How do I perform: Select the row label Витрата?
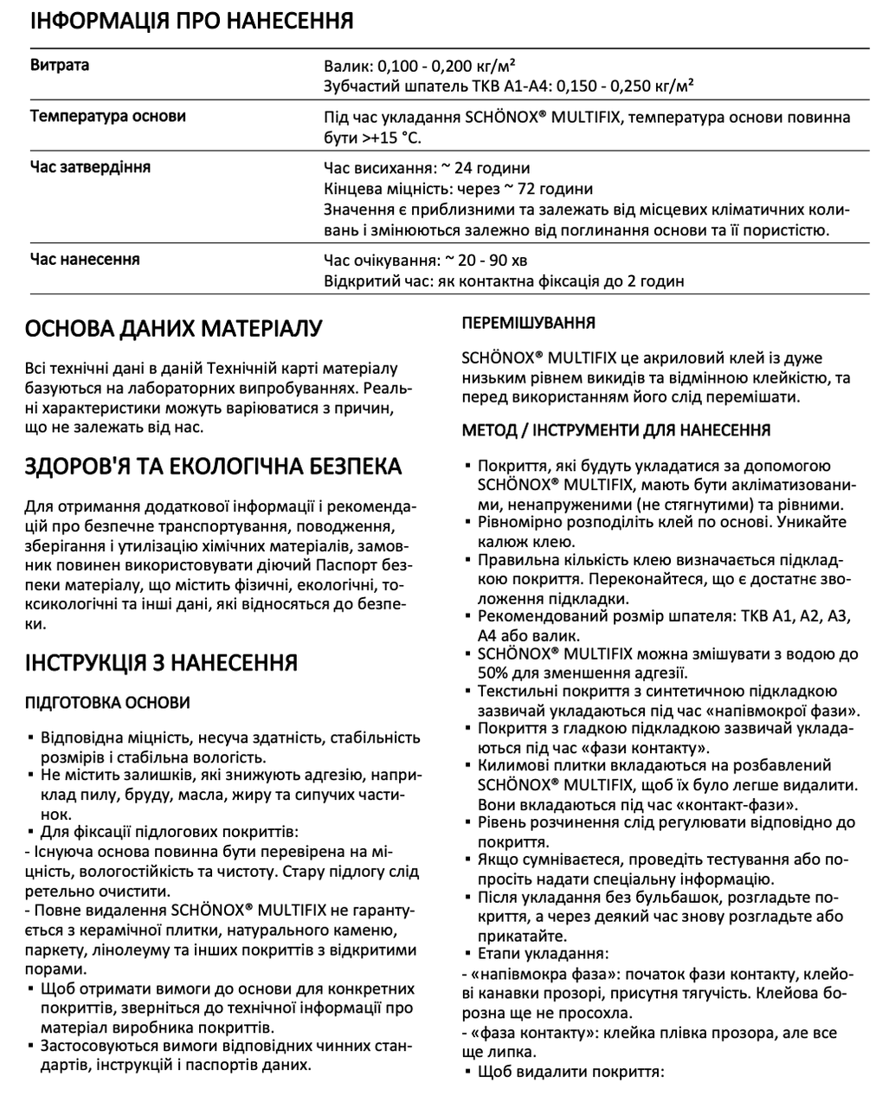60,65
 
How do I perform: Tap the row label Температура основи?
107,116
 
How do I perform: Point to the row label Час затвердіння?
90,166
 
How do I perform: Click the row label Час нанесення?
85,260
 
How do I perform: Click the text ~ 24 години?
479,168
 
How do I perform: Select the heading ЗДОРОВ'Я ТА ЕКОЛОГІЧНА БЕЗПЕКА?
214,467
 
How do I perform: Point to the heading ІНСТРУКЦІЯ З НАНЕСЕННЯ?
162,663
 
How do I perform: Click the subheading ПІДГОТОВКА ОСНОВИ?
109,702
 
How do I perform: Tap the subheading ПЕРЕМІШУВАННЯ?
529,323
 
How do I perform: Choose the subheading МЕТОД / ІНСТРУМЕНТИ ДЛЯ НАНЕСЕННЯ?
616,430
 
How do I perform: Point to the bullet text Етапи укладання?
543,955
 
